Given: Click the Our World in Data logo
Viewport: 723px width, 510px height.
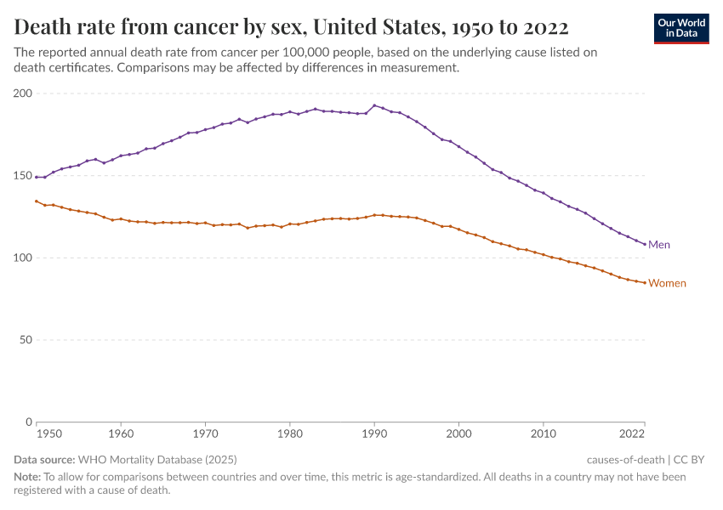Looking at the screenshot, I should pyautogui.click(x=680, y=28).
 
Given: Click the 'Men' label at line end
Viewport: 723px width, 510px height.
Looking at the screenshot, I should pyautogui.click(x=659, y=245).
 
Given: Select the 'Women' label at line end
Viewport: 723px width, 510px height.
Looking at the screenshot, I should pyautogui.click(x=667, y=283).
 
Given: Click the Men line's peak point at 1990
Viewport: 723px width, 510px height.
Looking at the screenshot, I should pyautogui.click(x=374, y=105).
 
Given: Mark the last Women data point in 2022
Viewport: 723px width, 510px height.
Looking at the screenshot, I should pyautogui.click(x=645, y=282).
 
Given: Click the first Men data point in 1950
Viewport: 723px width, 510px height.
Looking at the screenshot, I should pyautogui.click(x=37, y=177).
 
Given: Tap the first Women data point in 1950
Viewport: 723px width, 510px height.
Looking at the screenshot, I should pyautogui.click(x=37, y=201).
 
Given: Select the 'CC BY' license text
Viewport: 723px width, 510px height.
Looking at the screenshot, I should pyautogui.click(x=691, y=460).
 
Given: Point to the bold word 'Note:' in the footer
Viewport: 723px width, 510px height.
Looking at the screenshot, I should pyautogui.click(x=27, y=477).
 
